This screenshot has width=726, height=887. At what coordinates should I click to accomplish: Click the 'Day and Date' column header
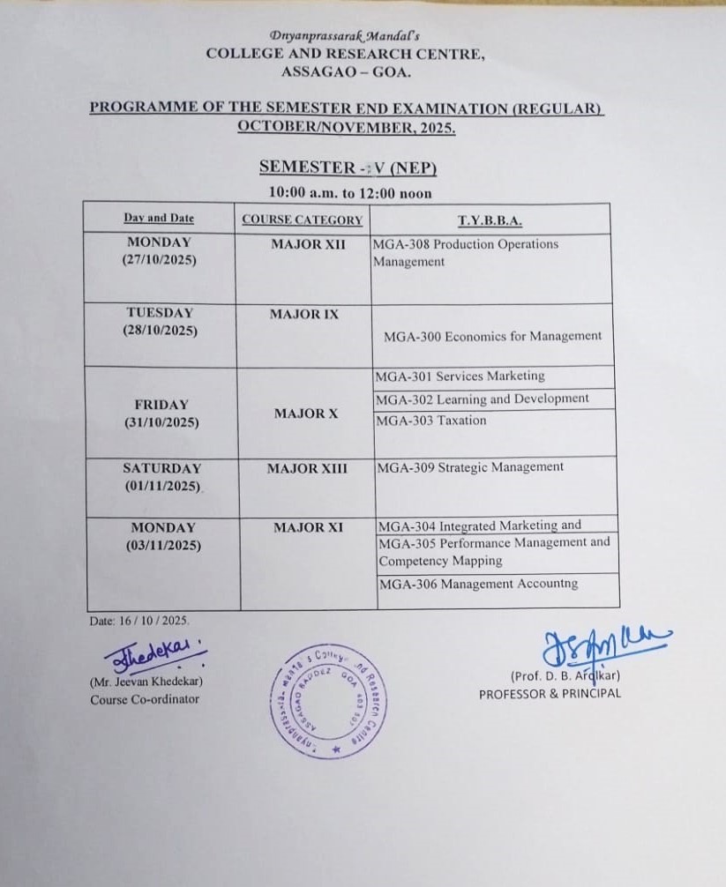[x=159, y=219]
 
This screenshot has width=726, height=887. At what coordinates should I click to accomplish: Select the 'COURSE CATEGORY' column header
[x=302, y=220]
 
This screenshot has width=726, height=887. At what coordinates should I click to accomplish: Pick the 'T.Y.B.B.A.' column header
[x=490, y=220]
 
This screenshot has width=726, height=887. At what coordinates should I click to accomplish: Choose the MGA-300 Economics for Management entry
[x=492, y=336]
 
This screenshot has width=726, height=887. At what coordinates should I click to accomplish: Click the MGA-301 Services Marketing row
[x=460, y=376]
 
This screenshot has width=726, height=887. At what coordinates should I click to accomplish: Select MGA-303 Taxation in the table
[x=430, y=421]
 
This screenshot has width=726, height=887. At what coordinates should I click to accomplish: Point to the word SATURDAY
[x=162, y=469]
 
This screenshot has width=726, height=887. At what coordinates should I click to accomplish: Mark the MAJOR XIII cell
[x=307, y=469]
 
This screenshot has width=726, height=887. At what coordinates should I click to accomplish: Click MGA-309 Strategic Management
[x=469, y=467]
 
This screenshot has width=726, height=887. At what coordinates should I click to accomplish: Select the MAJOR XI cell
[x=308, y=527]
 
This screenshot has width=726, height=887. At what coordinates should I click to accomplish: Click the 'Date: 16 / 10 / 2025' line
[x=139, y=621]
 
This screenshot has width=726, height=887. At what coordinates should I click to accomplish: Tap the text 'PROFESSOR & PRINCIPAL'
[x=550, y=693]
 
